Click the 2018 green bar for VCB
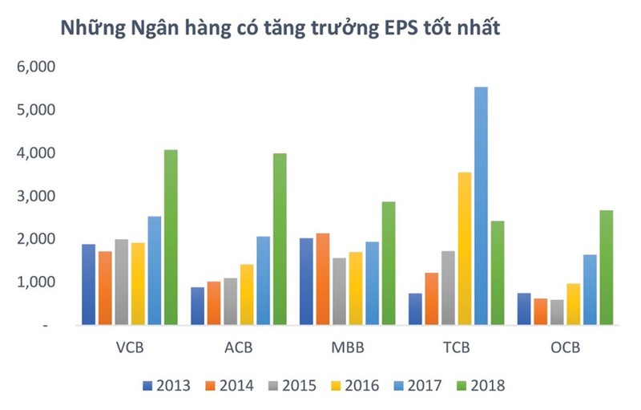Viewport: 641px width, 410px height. click(170, 237)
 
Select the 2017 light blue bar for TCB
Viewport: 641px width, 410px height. click(481, 206)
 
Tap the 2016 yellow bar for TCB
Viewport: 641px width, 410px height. click(465, 249)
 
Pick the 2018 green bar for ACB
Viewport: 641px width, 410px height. click(279, 239)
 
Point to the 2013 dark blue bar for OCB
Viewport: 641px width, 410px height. click(523, 309)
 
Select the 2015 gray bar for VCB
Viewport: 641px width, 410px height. click(121, 282)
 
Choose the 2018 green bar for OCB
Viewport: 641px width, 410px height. click(606, 268)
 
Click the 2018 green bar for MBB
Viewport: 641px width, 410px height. click(388, 263)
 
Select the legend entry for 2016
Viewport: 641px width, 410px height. click(354, 386)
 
